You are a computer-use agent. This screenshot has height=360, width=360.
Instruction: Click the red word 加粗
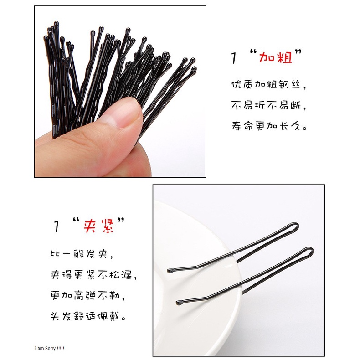pos(276,57)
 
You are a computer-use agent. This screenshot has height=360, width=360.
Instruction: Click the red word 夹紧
pos(99,226)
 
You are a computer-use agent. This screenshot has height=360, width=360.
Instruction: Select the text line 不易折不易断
pos(268,105)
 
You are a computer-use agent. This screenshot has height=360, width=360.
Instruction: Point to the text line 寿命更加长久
pos(269,126)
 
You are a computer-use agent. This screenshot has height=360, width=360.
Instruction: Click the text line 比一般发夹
pos(82,254)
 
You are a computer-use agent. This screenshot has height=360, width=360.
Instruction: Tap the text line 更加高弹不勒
pos(87,295)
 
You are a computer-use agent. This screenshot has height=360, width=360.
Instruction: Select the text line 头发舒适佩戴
pos(88,316)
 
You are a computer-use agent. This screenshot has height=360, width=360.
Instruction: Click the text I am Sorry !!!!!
pos(49,349)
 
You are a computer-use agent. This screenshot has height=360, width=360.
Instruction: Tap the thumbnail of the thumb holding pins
pos(128,112)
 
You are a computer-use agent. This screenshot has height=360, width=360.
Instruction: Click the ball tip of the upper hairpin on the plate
pos(170,271)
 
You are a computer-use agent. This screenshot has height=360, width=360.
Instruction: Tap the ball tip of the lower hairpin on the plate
pos(179,303)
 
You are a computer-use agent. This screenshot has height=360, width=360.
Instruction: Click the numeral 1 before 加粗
pos(233,57)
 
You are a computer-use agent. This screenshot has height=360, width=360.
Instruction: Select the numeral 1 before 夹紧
pos(56,226)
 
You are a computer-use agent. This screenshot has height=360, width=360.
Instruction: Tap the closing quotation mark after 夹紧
pos(121,221)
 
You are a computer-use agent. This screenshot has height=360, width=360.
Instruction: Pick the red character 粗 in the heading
pos(285,57)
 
